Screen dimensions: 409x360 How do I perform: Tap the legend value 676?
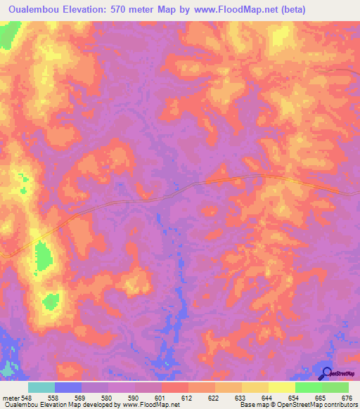346,397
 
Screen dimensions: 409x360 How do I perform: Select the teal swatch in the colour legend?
41,387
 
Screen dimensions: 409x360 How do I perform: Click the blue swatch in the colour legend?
68,387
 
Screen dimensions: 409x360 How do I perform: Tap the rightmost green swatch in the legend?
335,387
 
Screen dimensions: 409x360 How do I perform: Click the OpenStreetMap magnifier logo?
326,373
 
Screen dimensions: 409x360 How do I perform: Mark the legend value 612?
186,397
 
